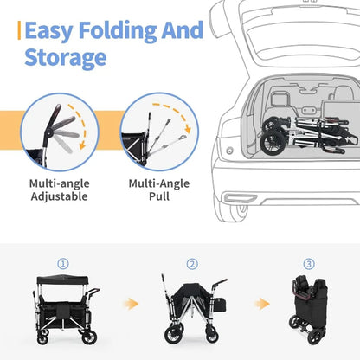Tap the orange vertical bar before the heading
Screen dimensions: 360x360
(x=18, y=31)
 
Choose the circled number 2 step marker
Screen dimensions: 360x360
(x=192, y=264)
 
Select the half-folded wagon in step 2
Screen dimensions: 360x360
(x=192, y=307)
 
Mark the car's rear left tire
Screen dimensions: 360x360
(x=231, y=207)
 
